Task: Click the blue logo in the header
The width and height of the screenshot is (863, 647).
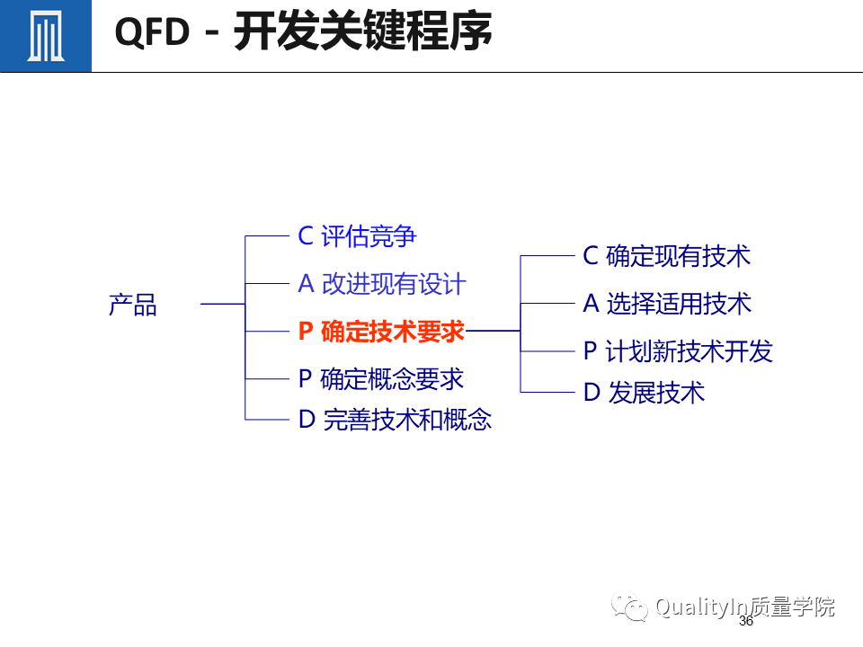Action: (x=45, y=36)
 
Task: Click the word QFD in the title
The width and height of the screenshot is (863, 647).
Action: (x=153, y=34)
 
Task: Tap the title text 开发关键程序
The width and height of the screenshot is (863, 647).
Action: (x=363, y=34)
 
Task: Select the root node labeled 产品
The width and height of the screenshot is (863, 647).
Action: (x=133, y=305)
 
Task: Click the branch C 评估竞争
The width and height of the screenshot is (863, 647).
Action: (x=357, y=236)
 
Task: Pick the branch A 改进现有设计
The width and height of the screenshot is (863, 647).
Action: (x=382, y=284)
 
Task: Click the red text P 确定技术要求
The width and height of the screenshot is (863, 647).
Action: (x=381, y=332)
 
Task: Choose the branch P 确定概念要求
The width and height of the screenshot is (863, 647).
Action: (x=381, y=379)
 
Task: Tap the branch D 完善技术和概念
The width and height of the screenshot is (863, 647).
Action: (x=395, y=420)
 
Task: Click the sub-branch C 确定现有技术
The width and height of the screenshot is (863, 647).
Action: (x=666, y=256)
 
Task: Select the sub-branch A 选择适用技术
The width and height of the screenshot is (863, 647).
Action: (x=666, y=304)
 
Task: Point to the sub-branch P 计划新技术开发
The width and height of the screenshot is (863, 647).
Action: (x=678, y=351)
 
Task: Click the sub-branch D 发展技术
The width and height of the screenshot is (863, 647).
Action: (x=644, y=393)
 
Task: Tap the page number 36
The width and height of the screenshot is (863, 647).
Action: (x=745, y=622)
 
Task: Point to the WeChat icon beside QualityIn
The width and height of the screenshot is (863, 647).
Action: (x=630, y=608)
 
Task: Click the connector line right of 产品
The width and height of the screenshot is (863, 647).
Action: (x=222, y=305)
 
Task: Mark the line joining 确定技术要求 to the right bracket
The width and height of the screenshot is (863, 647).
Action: (x=493, y=332)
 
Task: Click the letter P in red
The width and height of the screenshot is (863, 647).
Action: (x=306, y=332)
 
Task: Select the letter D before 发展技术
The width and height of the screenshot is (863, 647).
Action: (x=592, y=393)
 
